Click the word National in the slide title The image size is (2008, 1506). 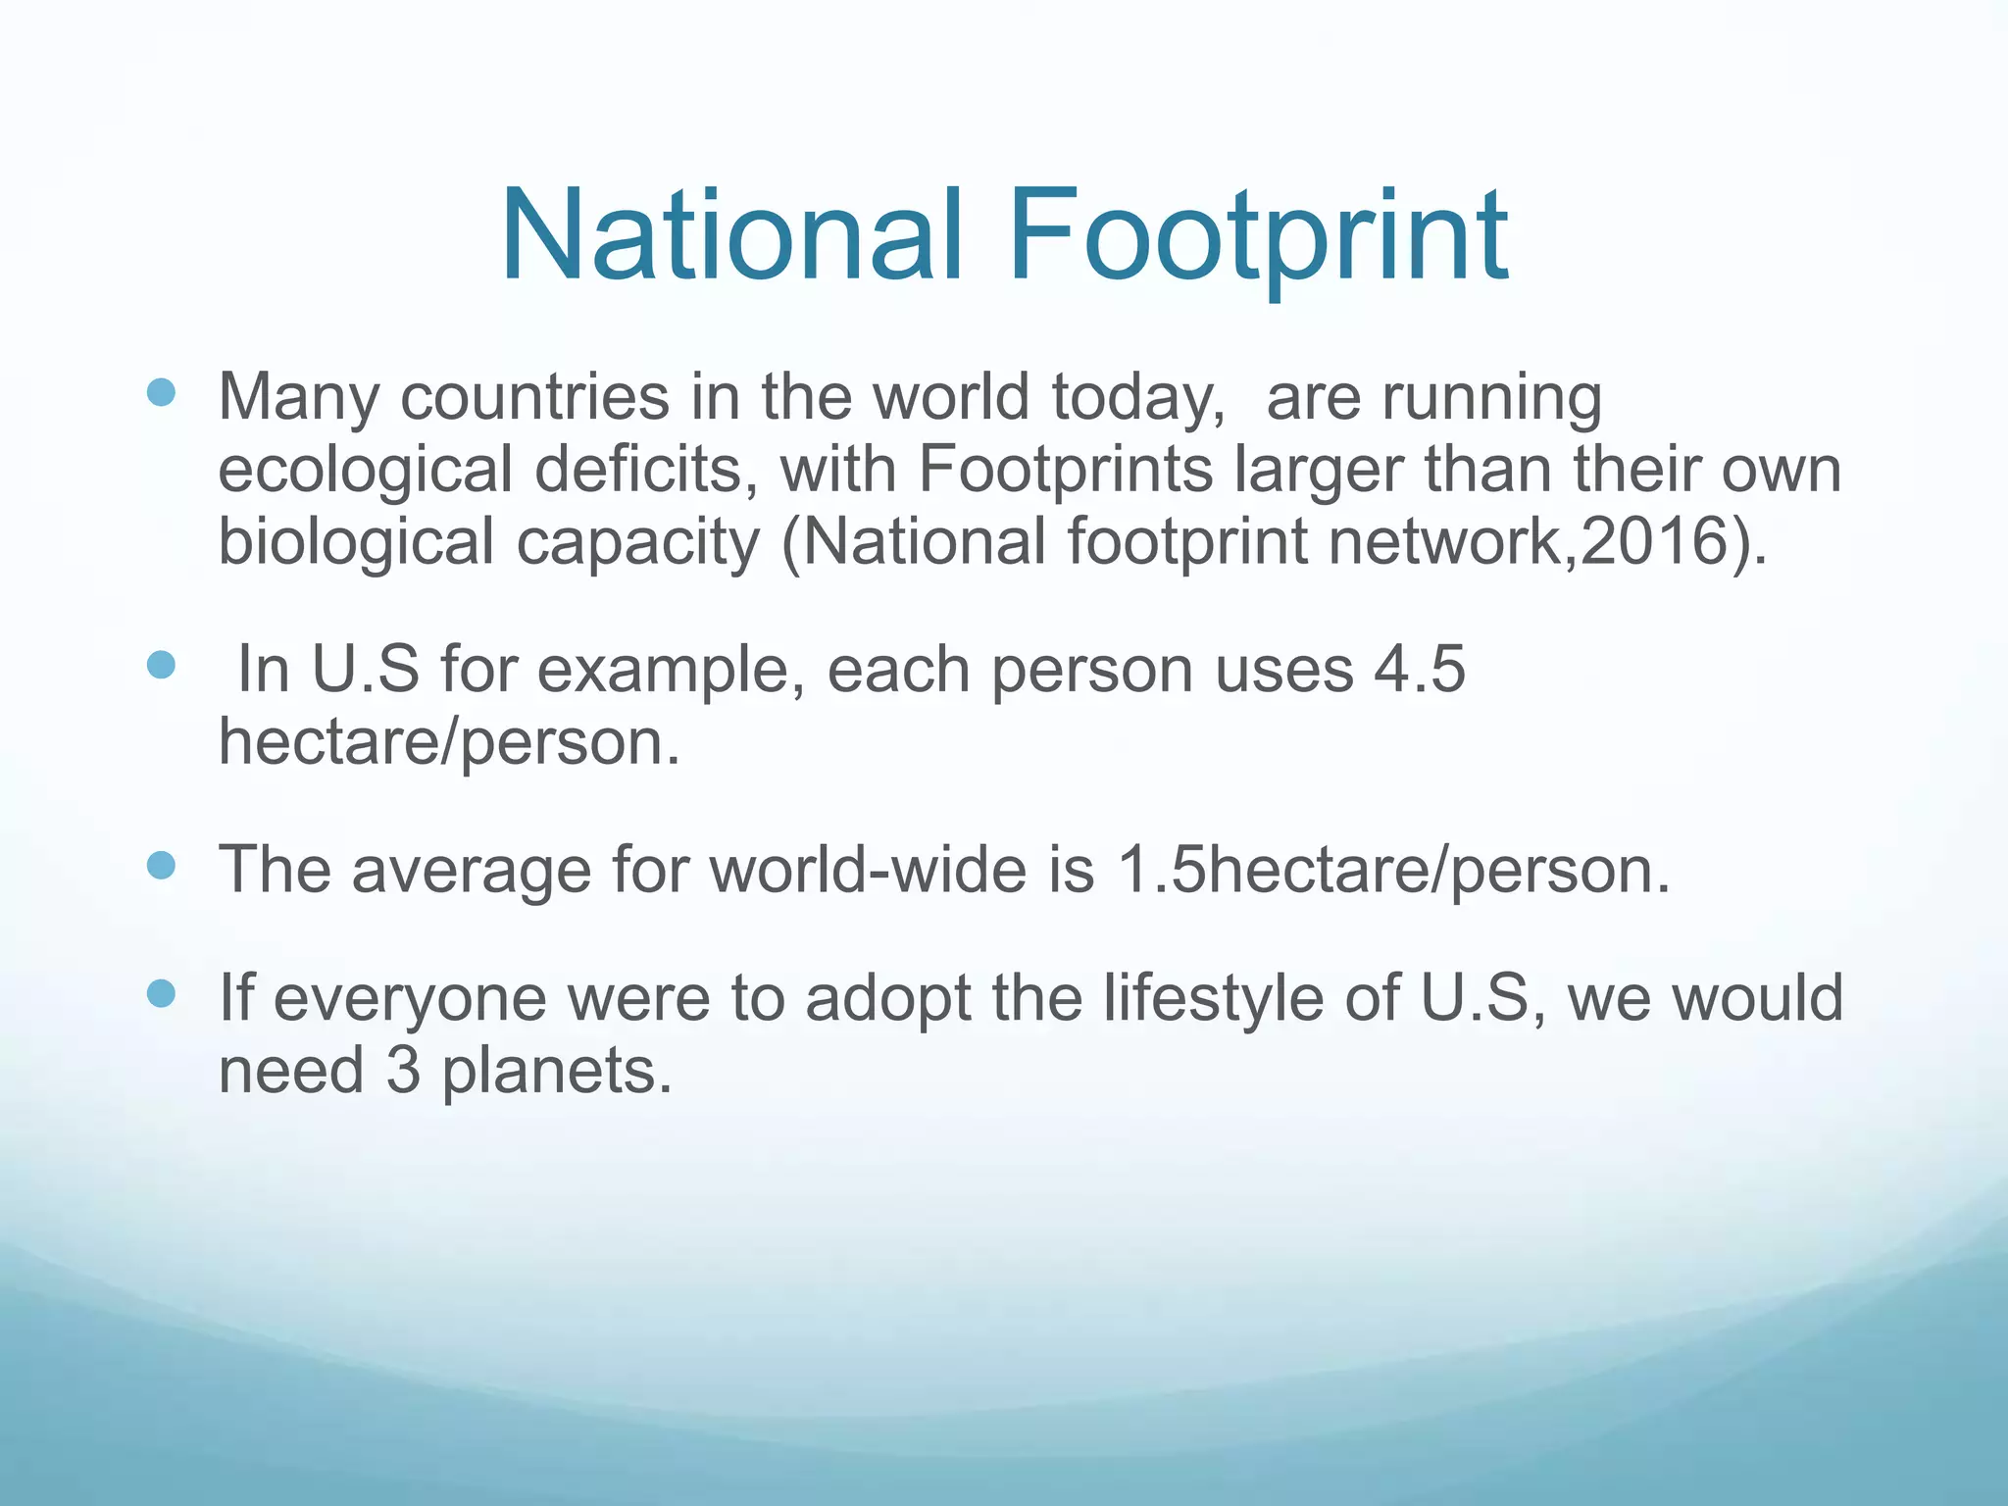(731, 237)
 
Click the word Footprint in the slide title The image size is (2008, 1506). (1257, 237)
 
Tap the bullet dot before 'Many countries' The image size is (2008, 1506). (161, 394)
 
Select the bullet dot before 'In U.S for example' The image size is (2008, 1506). (161, 667)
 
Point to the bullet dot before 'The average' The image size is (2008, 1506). (161, 867)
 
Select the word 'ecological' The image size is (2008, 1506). (365, 471)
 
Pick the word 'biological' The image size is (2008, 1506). (356, 542)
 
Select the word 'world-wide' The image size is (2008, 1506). (867, 870)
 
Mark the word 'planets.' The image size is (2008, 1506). (557, 1072)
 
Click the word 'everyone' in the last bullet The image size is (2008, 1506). (410, 1000)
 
